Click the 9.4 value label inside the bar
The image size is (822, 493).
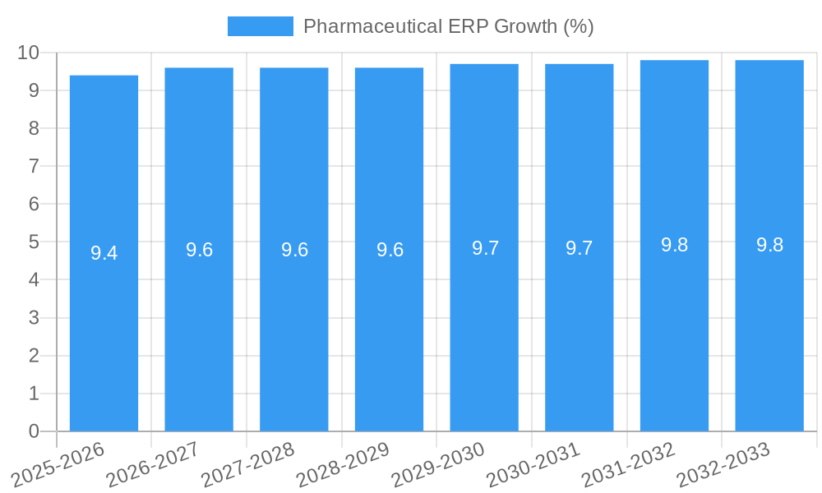click(104, 253)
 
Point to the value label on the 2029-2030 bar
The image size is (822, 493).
click(485, 248)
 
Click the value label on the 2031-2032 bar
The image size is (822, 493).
click(674, 245)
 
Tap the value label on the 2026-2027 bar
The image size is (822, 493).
click(199, 250)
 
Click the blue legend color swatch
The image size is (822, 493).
click(260, 26)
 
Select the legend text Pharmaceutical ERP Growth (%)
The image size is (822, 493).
click(448, 26)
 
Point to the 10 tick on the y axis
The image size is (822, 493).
click(29, 53)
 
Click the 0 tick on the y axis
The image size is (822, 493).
click(34, 431)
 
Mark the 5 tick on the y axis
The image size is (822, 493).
click(34, 242)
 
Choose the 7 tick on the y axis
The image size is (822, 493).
click(34, 166)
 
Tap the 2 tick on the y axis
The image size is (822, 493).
click(34, 356)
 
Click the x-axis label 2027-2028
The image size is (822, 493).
click(247, 465)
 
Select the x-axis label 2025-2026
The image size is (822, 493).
click(58, 465)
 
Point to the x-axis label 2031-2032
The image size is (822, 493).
click(629, 465)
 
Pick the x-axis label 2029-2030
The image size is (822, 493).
click(438, 465)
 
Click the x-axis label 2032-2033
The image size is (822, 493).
click(723, 465)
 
